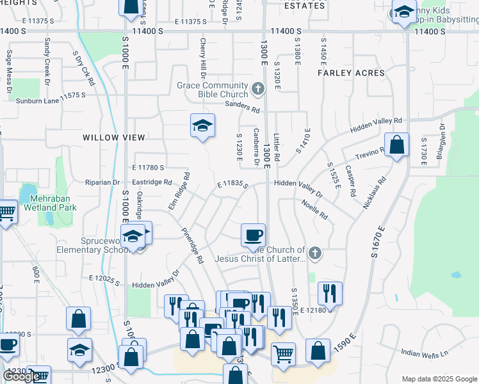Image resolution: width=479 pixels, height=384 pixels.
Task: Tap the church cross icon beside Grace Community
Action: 258,89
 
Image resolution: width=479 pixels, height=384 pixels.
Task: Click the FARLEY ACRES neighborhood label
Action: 351,73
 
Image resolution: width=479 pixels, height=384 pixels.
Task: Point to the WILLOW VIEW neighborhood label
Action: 115,137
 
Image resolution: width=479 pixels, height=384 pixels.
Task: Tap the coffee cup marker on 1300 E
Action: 253,234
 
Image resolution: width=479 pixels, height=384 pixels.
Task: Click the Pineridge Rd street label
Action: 191,246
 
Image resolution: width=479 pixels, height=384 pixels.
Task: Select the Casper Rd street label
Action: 351,181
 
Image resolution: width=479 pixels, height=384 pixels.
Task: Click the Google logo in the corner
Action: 22,376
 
